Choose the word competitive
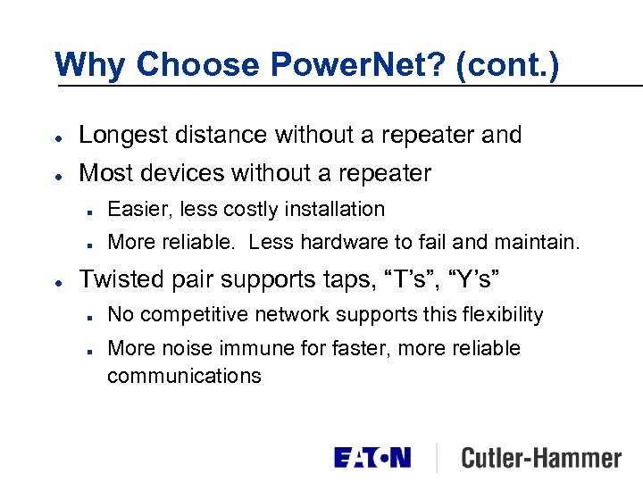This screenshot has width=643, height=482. [192, 314]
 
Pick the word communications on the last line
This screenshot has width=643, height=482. [184, 376]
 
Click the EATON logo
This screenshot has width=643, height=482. [372, 458]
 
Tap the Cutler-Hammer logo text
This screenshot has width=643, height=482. [540, 458]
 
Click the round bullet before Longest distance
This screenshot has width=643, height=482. [58, 137]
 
